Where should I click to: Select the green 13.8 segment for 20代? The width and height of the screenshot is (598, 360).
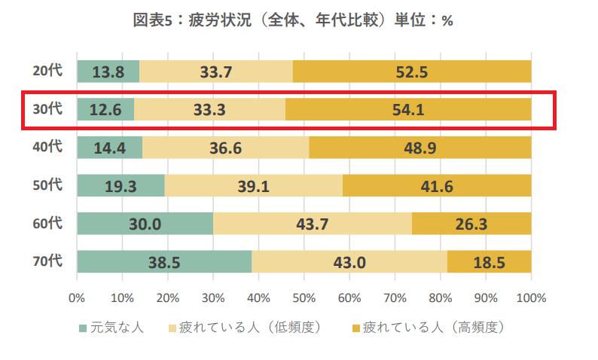click(x=108, y=72)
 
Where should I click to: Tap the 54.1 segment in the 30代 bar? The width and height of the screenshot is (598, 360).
click(x=408, y=110)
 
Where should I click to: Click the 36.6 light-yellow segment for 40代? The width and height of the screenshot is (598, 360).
click(x=225, y=148)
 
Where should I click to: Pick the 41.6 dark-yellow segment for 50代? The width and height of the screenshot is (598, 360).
click(x=438, y=186)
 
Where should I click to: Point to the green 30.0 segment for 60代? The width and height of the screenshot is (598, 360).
click(x=145, y=224)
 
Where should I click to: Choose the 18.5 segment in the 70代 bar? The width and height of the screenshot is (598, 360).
click(x=490, y=261)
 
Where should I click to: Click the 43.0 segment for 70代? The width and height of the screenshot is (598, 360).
click(x=349, y=261)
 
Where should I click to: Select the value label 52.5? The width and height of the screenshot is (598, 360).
click(x=412, y=72)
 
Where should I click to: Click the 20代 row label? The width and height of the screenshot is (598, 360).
click(x=47, y=71)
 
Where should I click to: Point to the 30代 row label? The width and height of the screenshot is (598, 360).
click(x=47, y=109)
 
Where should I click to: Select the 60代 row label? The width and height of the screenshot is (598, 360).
click(x=47, y=223)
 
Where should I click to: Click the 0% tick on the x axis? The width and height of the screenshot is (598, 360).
click(x=77, y=297)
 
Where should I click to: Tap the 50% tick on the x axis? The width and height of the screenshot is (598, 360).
click(x=304, y=297)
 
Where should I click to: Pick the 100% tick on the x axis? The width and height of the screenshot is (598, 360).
click(x=531, y=297)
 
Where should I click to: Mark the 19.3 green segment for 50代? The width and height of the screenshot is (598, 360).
click(x=121, y=186)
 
